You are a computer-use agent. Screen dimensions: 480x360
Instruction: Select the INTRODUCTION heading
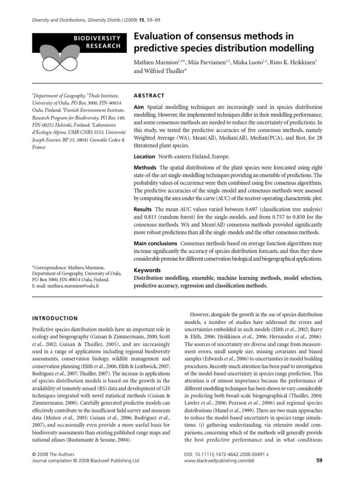[x=55, y=318]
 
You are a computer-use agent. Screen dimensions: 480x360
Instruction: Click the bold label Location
[x=144, y=156]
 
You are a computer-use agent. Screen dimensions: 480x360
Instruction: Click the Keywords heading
[x=148, y=270]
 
